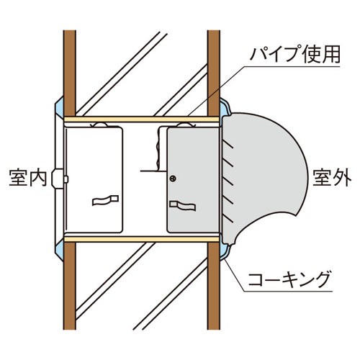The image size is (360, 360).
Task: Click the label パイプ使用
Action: (x=294, y=54)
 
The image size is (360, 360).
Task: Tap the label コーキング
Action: (x=288, y=279)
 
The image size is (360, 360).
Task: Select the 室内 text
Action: (x=27, y=178)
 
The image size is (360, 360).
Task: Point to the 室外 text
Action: (x=332, y=178)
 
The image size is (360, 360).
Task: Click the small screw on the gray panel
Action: (x=173, y=179)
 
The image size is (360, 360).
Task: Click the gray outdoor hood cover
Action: (x=264, y=178)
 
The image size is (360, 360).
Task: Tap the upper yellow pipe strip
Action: (x=142, y=120)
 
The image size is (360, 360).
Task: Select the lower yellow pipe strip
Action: (x=142, y=239)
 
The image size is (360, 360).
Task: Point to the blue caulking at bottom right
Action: (x=225, y=250)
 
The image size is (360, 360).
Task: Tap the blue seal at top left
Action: (x=60, y=107)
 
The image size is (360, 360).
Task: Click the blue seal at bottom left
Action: (x=60, y=251)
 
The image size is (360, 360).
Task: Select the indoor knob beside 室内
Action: (x=58, y=179)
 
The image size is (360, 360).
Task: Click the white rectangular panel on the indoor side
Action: (x=94, y=180)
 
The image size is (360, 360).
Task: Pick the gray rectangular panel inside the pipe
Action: (x=193, y=180)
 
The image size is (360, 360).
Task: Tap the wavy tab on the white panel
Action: (x=105, y=200)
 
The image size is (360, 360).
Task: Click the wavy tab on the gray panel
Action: (x=183, y=206)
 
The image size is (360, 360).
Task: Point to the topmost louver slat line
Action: (x=228, y=144)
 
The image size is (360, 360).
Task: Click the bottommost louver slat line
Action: (x=228, y=219)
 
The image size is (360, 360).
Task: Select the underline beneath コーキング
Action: (x=288, y=292)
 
